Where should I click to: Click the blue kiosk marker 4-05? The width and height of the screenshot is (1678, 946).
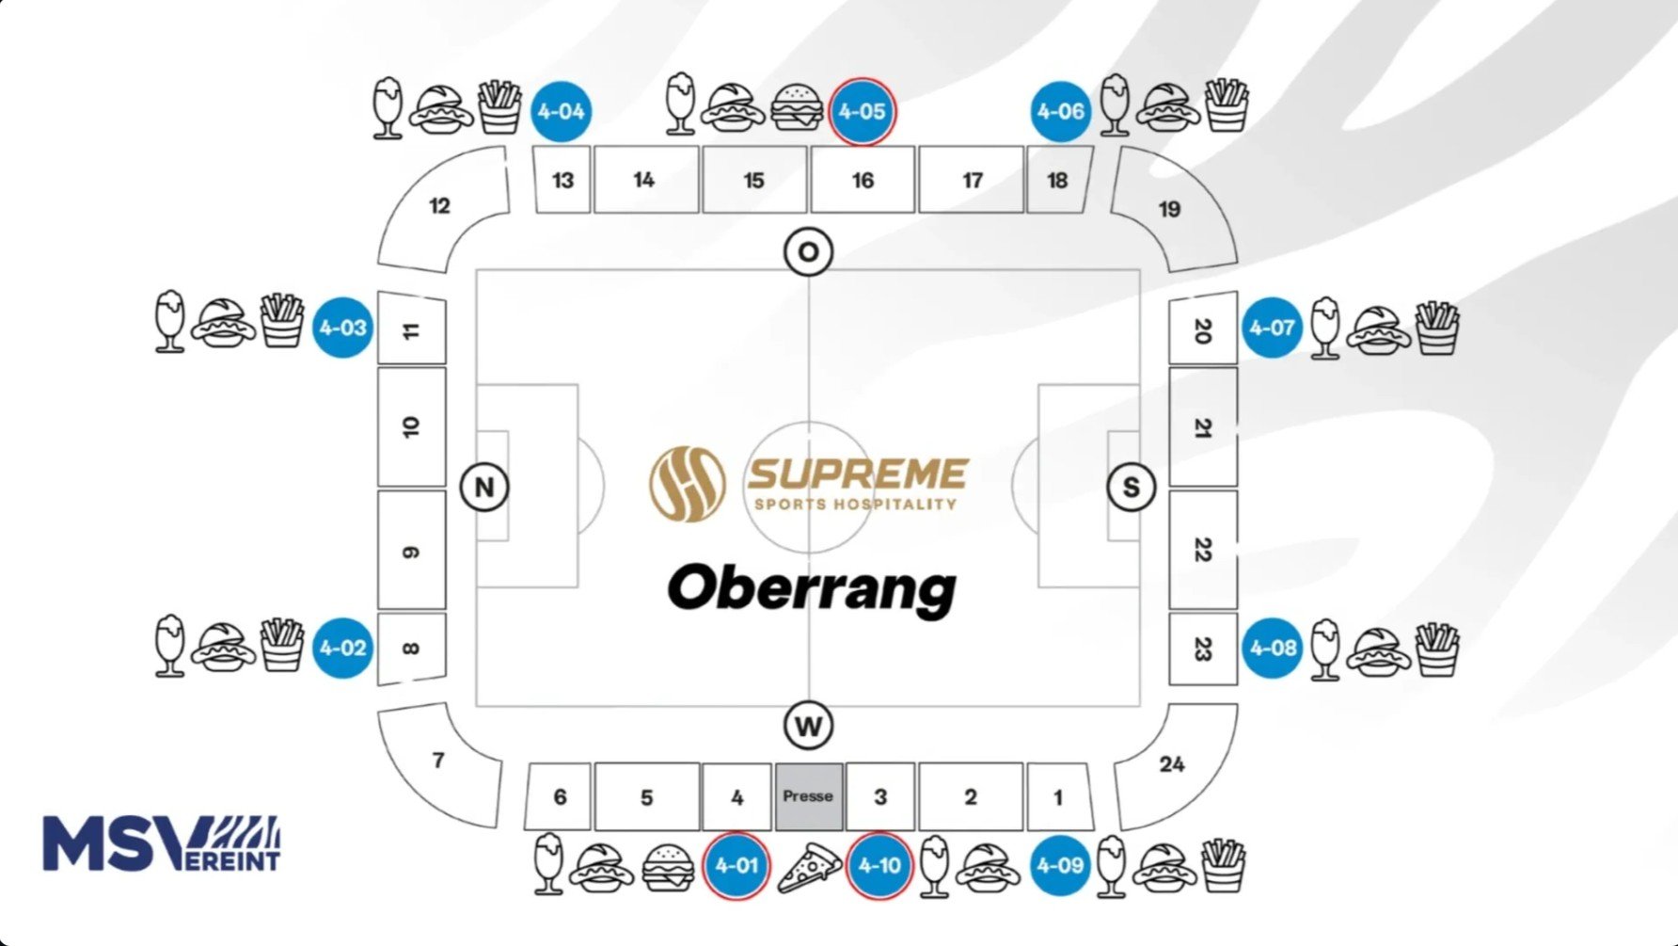pos(863,111)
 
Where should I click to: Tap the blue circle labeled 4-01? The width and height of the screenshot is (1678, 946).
pos(736,865)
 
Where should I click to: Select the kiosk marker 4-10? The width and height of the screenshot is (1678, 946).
pos(879,865)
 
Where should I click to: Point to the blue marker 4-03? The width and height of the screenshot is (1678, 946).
pos(342,328)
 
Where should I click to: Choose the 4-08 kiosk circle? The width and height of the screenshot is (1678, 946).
pos(1273,648)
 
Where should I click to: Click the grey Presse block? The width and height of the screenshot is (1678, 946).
pos(808,796)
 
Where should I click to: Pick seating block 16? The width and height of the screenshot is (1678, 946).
pos(863,180)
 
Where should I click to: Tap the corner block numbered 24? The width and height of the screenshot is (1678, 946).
pos(1174,764)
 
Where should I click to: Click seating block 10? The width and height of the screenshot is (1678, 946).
pos(411,426)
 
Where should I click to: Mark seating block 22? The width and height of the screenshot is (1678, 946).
pos(1202,549)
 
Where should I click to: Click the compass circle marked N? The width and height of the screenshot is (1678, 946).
pos(484,488)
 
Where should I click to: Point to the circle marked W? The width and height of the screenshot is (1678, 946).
pos(808,726)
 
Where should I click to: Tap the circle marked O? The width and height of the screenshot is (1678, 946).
pos(808,252)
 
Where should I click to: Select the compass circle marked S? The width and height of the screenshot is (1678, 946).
pos(1131,488)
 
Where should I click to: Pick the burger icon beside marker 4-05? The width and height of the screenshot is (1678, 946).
pos(797,108)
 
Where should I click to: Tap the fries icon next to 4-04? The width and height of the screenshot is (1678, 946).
pos(499,107)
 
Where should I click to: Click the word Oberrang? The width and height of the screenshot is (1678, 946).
pos(812,588)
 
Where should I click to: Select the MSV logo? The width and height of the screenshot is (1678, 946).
pos(162,843)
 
